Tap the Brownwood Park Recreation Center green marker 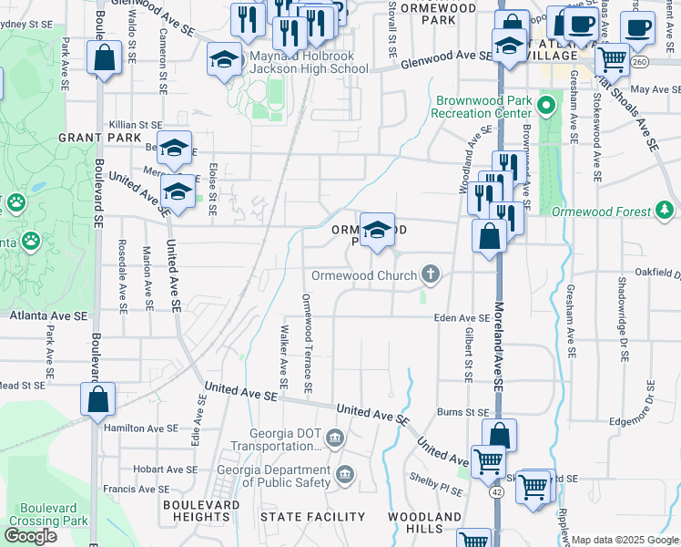click(x=545, y=106)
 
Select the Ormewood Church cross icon click(x=432, y=273)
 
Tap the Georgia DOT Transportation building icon click(x=335, y=439)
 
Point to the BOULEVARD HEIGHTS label click(x=201, y=511)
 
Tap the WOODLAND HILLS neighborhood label click(x=423, y=522)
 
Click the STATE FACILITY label click(x=312, y=517)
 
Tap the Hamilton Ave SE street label click(x=141, y=428)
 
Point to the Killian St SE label click(x=136, y=124)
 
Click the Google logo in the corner click(x=29, y=536)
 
